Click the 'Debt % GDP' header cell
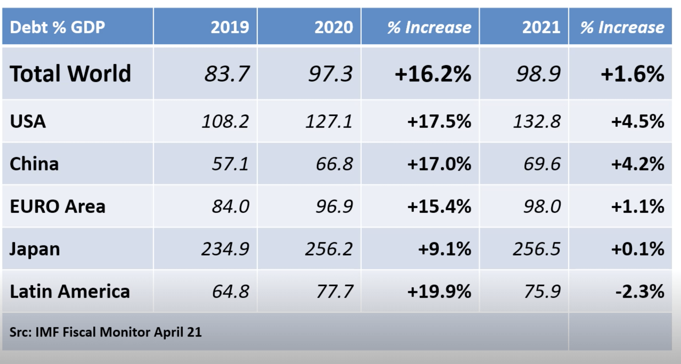point(57,27)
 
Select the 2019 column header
point(230,27)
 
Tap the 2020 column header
point(333,27)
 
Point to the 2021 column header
point(541,27)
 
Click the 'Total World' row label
point(70,74)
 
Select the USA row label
point(28,121)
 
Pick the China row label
point(34,164)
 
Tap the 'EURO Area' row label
point(57,206)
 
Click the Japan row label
point(34,249)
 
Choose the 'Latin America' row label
point(70,291)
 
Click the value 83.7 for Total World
point(226,74)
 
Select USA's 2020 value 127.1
point(329,121)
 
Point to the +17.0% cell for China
point(439,164)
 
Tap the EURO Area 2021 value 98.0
point(542,206)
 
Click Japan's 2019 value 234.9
point(225,249)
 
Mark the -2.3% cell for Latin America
point(639,291)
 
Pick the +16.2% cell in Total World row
point(433,74)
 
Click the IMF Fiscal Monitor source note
point(105,332)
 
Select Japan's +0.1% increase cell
point(637,249)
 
